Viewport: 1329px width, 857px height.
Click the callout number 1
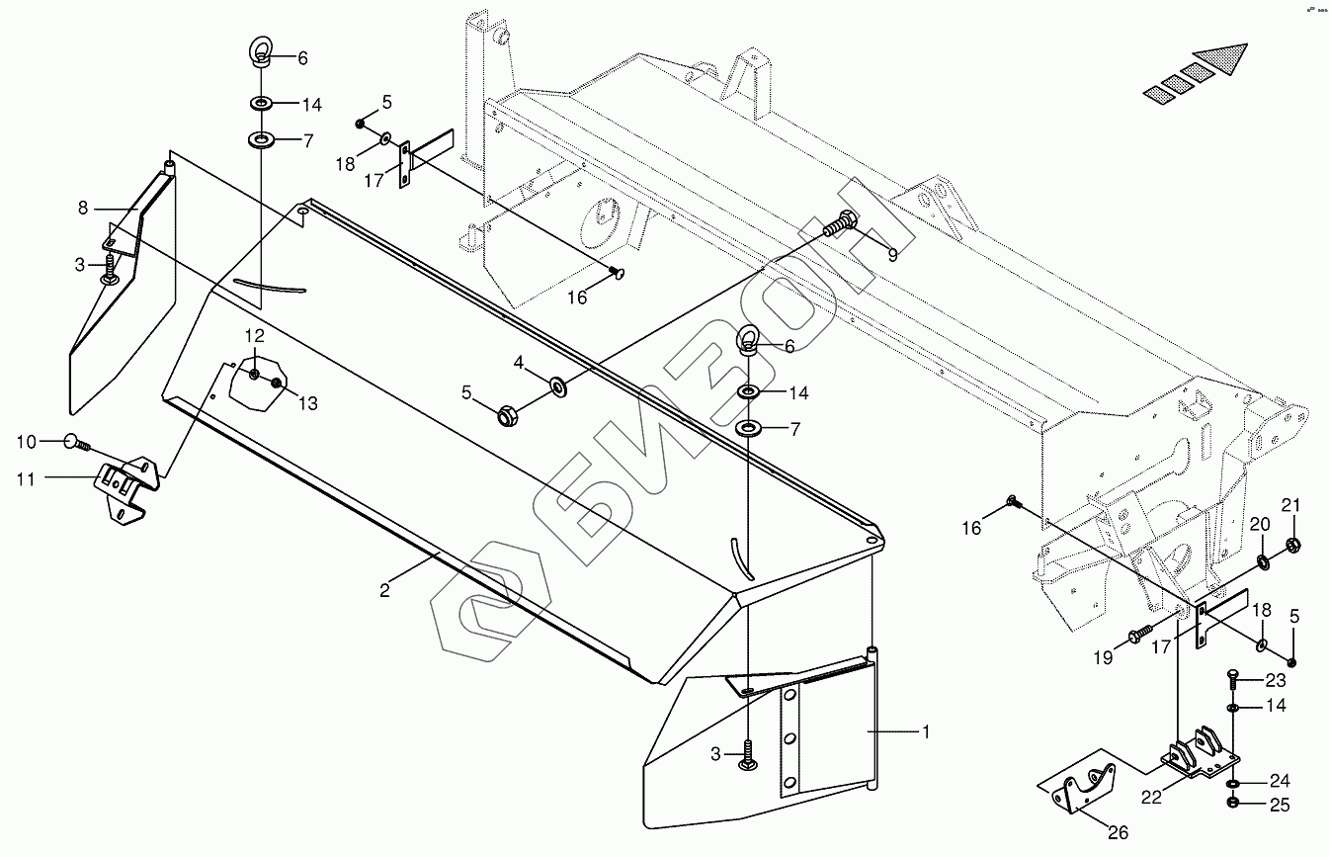(926, 732)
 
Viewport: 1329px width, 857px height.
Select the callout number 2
(385, 591)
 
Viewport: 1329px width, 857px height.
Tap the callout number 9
(892, 255)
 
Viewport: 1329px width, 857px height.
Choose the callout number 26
(1118, 833)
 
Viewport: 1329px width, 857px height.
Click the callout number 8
(83, 209)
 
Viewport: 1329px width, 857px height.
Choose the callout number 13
(308, 403)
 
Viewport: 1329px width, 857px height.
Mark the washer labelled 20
(1264, 562)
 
